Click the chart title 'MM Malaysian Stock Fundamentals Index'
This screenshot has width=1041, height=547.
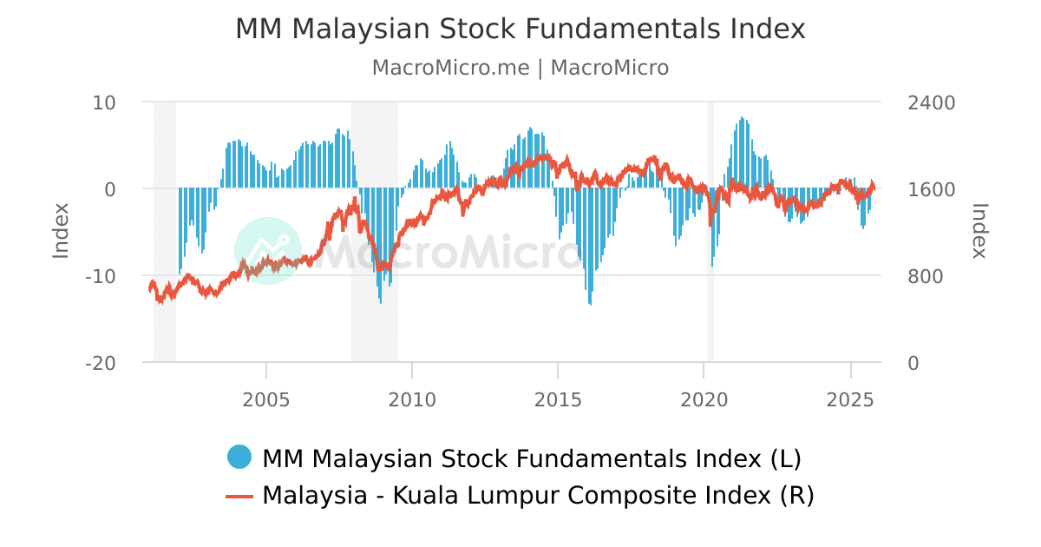(x=520, y=30)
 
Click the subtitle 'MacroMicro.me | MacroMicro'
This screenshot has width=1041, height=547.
(x=520, y=68)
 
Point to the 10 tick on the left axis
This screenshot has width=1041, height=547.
(x=104, y=102)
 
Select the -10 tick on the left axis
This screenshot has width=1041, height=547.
(x=101, y=276)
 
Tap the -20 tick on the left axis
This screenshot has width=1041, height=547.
(x=101, y=363)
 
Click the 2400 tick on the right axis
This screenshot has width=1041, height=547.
(x=931, y=102)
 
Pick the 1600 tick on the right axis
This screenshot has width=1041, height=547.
(x=931, y=189)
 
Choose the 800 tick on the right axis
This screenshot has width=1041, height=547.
(x=926, y=276)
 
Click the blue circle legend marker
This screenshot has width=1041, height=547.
(x=239, y=457)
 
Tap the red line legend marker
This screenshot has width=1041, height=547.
(x=239, y=496)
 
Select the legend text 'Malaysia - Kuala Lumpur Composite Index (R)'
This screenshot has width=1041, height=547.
(x=538, y=496)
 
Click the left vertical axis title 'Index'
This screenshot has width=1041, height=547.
(x=61, y=231)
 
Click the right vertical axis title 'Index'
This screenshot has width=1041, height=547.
(x=979, y=231)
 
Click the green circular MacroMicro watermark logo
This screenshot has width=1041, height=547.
(x=268, y=251)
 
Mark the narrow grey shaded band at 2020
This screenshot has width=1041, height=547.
(x=710, y=231)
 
